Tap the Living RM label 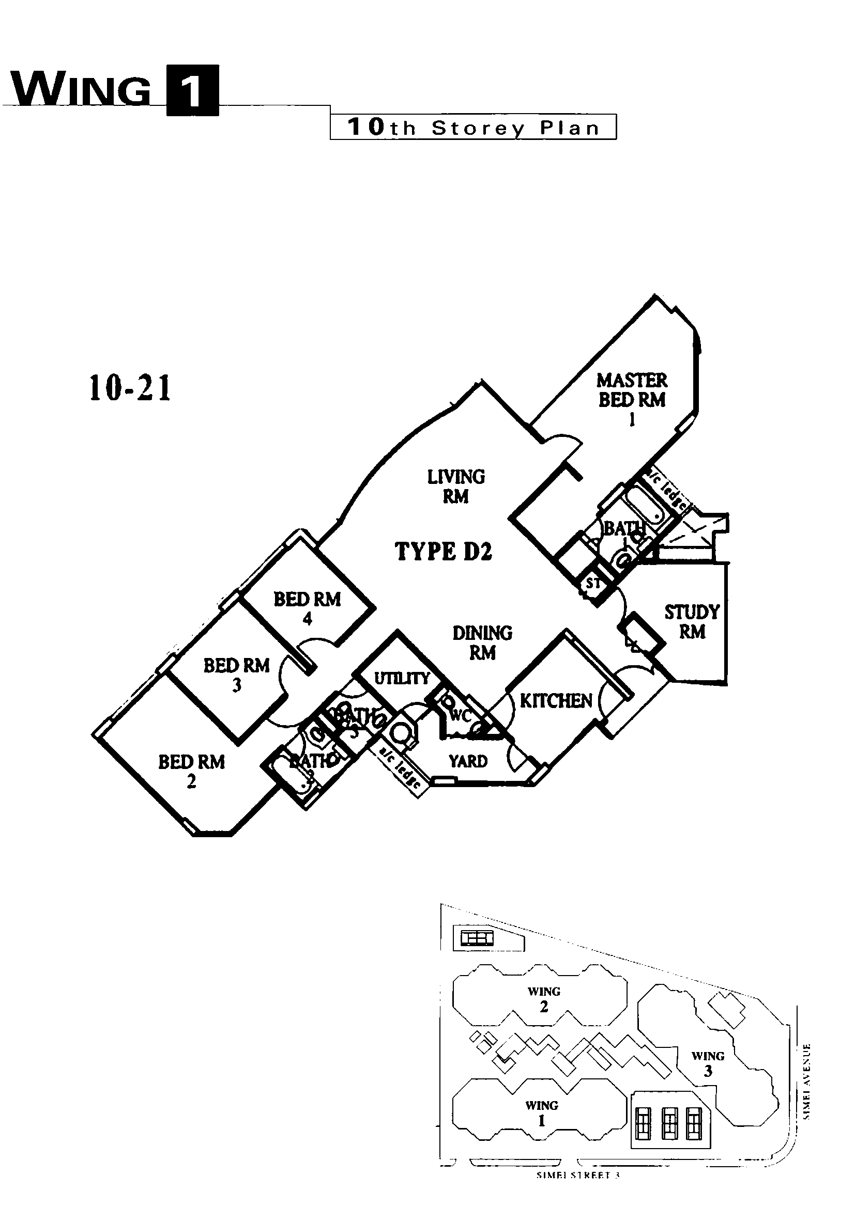pyautogui.click(x=456, y=486)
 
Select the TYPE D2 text pyautogui.click(x=444, y=552)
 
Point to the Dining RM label pyautogui.click(x=482, y=642)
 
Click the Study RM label pyautogui.click(x=691, y=621)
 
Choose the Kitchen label pyautogui.click(x=556, y=701)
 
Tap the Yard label pyautogui.click(x=468, y=761)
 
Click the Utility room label pyautogui.click(x=402, y=678)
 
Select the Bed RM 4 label pyautogui.click(x=307, y=608)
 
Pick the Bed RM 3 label pyautogui.click(x=236, y=674)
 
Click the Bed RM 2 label pyautogui.click(x=191, y=770)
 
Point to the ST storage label pyautogui.click(x=593, y=583)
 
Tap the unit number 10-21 pyautogui.click(x=130, y=388)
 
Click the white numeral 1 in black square pyautogui.click(x=192, y=90)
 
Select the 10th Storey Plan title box pyautogui.click(x=473, y=128)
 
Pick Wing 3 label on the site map pyautogui.click(x=708, y=1063)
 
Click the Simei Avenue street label pyautogui.click(x=807, y=1081)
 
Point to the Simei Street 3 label pyautogui.click(x=578, y=1175)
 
